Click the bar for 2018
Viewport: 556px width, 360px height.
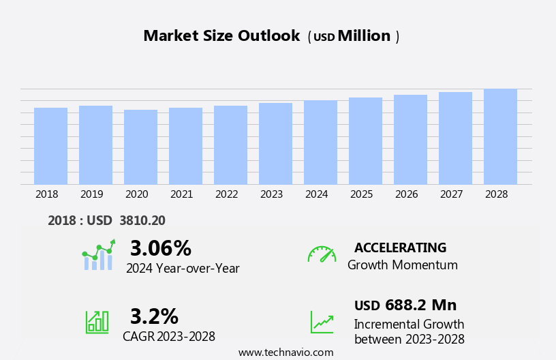click(50, 146)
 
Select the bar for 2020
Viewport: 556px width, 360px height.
click(140, 147)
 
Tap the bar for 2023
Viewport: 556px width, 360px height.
click(275, 144)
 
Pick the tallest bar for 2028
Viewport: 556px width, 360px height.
click(500, 136)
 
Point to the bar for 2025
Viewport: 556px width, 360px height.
click(365, 141)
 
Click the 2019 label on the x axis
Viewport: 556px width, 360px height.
click(91, 194)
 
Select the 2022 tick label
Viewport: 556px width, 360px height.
click(226, 194)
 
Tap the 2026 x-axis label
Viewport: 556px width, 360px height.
click(406, 194)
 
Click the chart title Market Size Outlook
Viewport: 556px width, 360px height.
click(221, 36)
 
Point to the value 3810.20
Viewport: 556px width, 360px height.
click(142, 220)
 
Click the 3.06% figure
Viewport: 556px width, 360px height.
click(160, 248)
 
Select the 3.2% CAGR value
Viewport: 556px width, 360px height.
click(154, 316)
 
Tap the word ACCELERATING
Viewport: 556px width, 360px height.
click(400, 247)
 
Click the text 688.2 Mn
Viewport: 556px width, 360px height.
click(420, 305)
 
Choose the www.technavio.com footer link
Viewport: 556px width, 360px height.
click(285, 352)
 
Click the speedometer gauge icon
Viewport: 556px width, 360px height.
click(322, 254)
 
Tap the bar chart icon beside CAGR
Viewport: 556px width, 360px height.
click(97, 321)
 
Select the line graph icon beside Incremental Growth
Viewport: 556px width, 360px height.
click(322, 321)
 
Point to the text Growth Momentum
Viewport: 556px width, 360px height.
click(402, 265)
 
